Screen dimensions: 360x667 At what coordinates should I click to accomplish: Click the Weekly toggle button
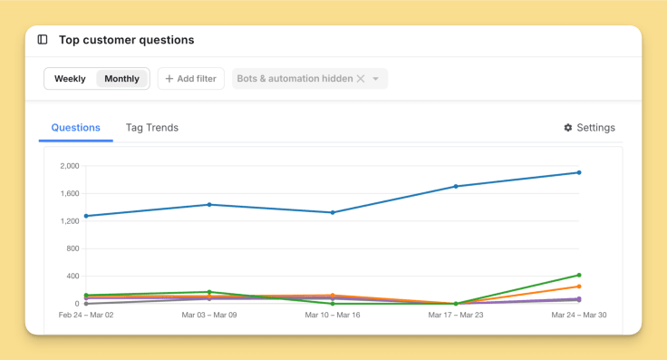pyautogui.click(x=70, y=79)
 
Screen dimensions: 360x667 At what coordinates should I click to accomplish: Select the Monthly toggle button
pyautogui.click(x=121, y=79)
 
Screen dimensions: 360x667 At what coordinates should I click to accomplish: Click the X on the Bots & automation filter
pyautogui.click(x=361, y=79)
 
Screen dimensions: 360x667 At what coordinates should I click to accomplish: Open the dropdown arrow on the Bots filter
pyautogui.click(x=376, y=79)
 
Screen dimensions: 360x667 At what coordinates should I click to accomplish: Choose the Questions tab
pyautogui.click(x=75, y=128)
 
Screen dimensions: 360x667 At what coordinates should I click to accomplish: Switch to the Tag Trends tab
pyautogui.click(x=152, y=128)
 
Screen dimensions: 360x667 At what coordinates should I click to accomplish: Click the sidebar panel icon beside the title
pyautogui.click(x=43, y=40)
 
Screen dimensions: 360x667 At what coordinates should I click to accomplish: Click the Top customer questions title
pyautogui.click(x=126, y=40)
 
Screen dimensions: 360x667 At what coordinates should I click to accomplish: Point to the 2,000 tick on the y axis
pyautogui.click(x=70, y=166)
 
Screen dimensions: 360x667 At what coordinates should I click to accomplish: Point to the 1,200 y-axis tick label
pyautogui.click(x=70, y=221)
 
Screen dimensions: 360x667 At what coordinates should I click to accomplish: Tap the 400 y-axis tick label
pyautogui.click(x=73, y=276)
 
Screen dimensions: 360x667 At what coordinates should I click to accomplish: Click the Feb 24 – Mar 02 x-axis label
pyautogui.click(x=86, y=316)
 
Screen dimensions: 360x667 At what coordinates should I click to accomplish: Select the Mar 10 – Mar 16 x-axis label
pyautogui.click(x=333, y=316)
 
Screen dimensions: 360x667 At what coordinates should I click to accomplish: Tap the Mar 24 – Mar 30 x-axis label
pyautogui.click(x=578, y=316)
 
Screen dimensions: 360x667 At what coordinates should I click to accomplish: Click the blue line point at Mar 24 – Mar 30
pyautogui.click(x=579, y=172)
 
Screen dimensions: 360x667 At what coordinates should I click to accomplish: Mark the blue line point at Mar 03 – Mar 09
pyautogui.click(x=209, y=205)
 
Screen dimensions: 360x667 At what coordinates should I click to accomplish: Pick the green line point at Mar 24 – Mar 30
pyautogui.click(x=579, y=275)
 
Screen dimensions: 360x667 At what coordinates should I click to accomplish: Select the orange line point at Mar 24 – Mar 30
pyautogui.click(x=579, y=287)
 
